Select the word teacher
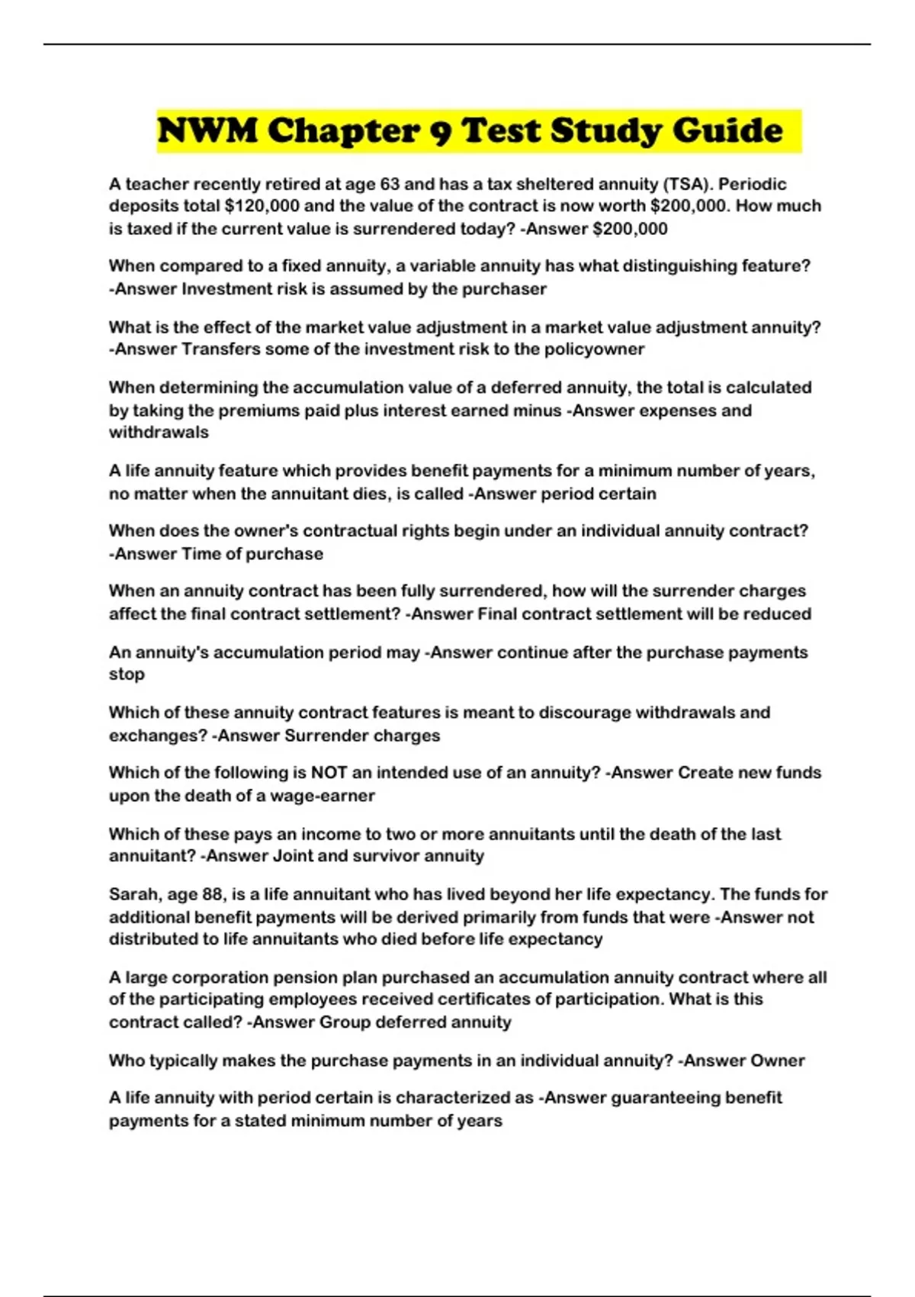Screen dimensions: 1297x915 click(x=156, y=184)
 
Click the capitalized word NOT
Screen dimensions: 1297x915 click(x=329, y=773)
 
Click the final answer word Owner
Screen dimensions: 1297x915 click(x=778, y=1060)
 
